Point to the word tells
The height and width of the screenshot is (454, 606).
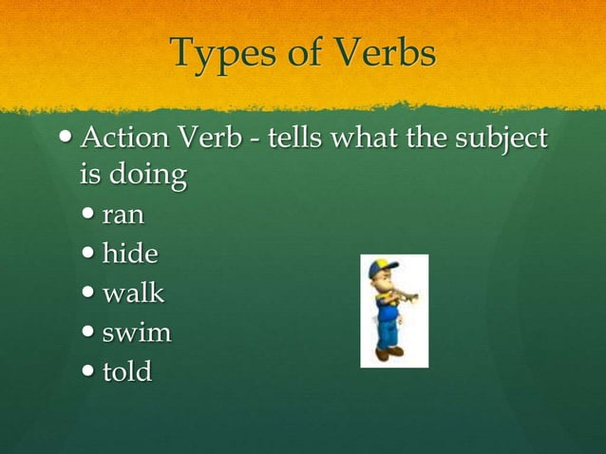pos(294,141)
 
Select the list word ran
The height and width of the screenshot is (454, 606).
pos(123,216)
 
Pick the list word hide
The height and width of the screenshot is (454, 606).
pos(131,254)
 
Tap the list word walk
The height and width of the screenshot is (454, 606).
pos(133,293)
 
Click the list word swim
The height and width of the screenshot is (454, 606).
pos(138,332)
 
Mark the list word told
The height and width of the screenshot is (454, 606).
pos(127,370)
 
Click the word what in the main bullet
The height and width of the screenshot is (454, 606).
pos(365,141)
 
